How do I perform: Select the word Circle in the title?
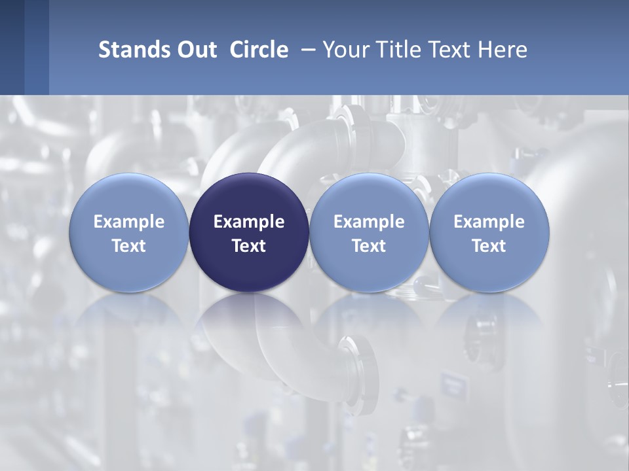coord(259,50)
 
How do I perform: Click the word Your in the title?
coord(347,50)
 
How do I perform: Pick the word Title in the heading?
coord(398,50)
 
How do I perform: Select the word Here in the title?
coord(503,50)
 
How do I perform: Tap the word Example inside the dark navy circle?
coord(249,222)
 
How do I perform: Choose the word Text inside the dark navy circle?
coord(249,246)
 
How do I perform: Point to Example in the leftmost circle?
coord(129,222)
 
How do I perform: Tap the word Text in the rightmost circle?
coord(489,246)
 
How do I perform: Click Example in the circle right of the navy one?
coord(369,222)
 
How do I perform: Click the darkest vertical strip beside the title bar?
coord(12,47)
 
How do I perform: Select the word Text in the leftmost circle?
coord(129,246)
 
